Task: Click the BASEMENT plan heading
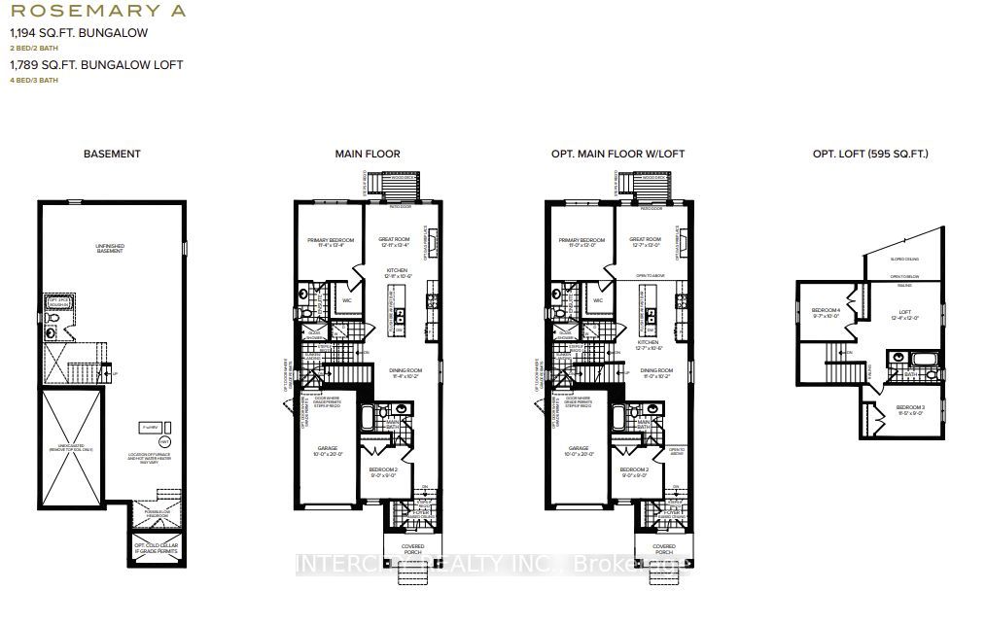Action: tap(112, 154)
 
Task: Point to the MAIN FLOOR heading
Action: tap(368, 154)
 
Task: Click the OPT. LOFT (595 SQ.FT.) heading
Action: tap(870, 154)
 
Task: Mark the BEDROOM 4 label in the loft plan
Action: tap(825, 312)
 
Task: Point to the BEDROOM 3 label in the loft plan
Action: tap(910, 408)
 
